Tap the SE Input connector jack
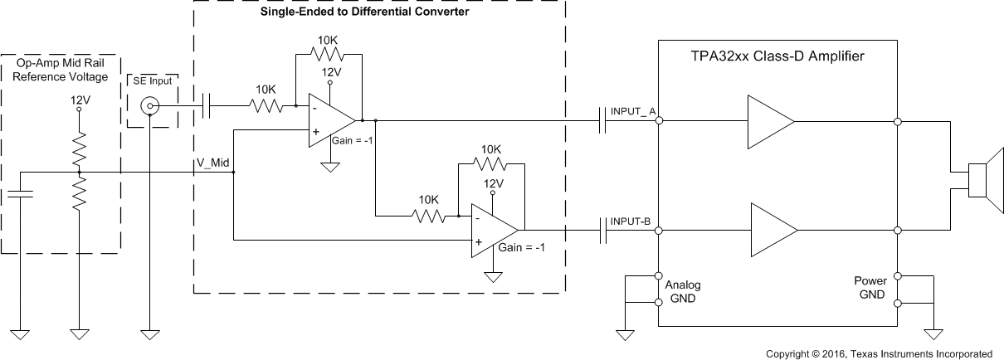pos(149,105)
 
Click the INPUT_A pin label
pos(634,111)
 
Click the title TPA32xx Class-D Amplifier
pos(777,57)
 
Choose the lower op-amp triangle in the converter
pos(492,230)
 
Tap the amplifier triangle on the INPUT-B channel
pos(772,230)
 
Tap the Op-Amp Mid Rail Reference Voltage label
pos(62,71)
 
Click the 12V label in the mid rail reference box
pos(80,99)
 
